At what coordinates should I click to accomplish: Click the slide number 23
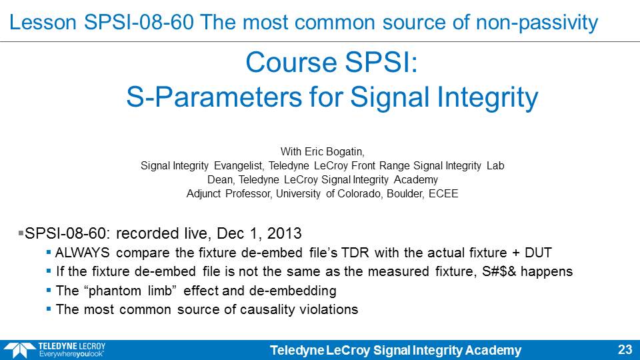click(x=625, y=349)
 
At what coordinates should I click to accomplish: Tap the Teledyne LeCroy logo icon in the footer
click(x=19, y=351)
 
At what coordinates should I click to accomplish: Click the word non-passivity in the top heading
click(x=537, y=22)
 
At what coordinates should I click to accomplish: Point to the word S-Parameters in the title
click(x=214, y=97)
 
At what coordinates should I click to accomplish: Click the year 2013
click(x=284, y=233)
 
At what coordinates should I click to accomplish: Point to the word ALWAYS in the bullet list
click(x=83, y=253)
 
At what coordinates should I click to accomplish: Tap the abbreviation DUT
click(x=538, y=253)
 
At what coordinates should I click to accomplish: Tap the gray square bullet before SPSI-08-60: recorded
click(x=21, y=233)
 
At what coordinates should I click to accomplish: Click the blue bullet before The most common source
click(x=49, y=309)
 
